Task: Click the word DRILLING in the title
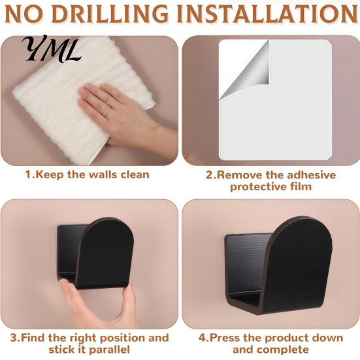click(110, 14)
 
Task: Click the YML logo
click(52, 48)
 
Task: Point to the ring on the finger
click(107, 110)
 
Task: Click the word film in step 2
click(300, 186)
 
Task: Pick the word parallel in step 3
click(109, 350)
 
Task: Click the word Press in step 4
click(225, 338)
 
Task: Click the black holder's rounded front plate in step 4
click(299, 264)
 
